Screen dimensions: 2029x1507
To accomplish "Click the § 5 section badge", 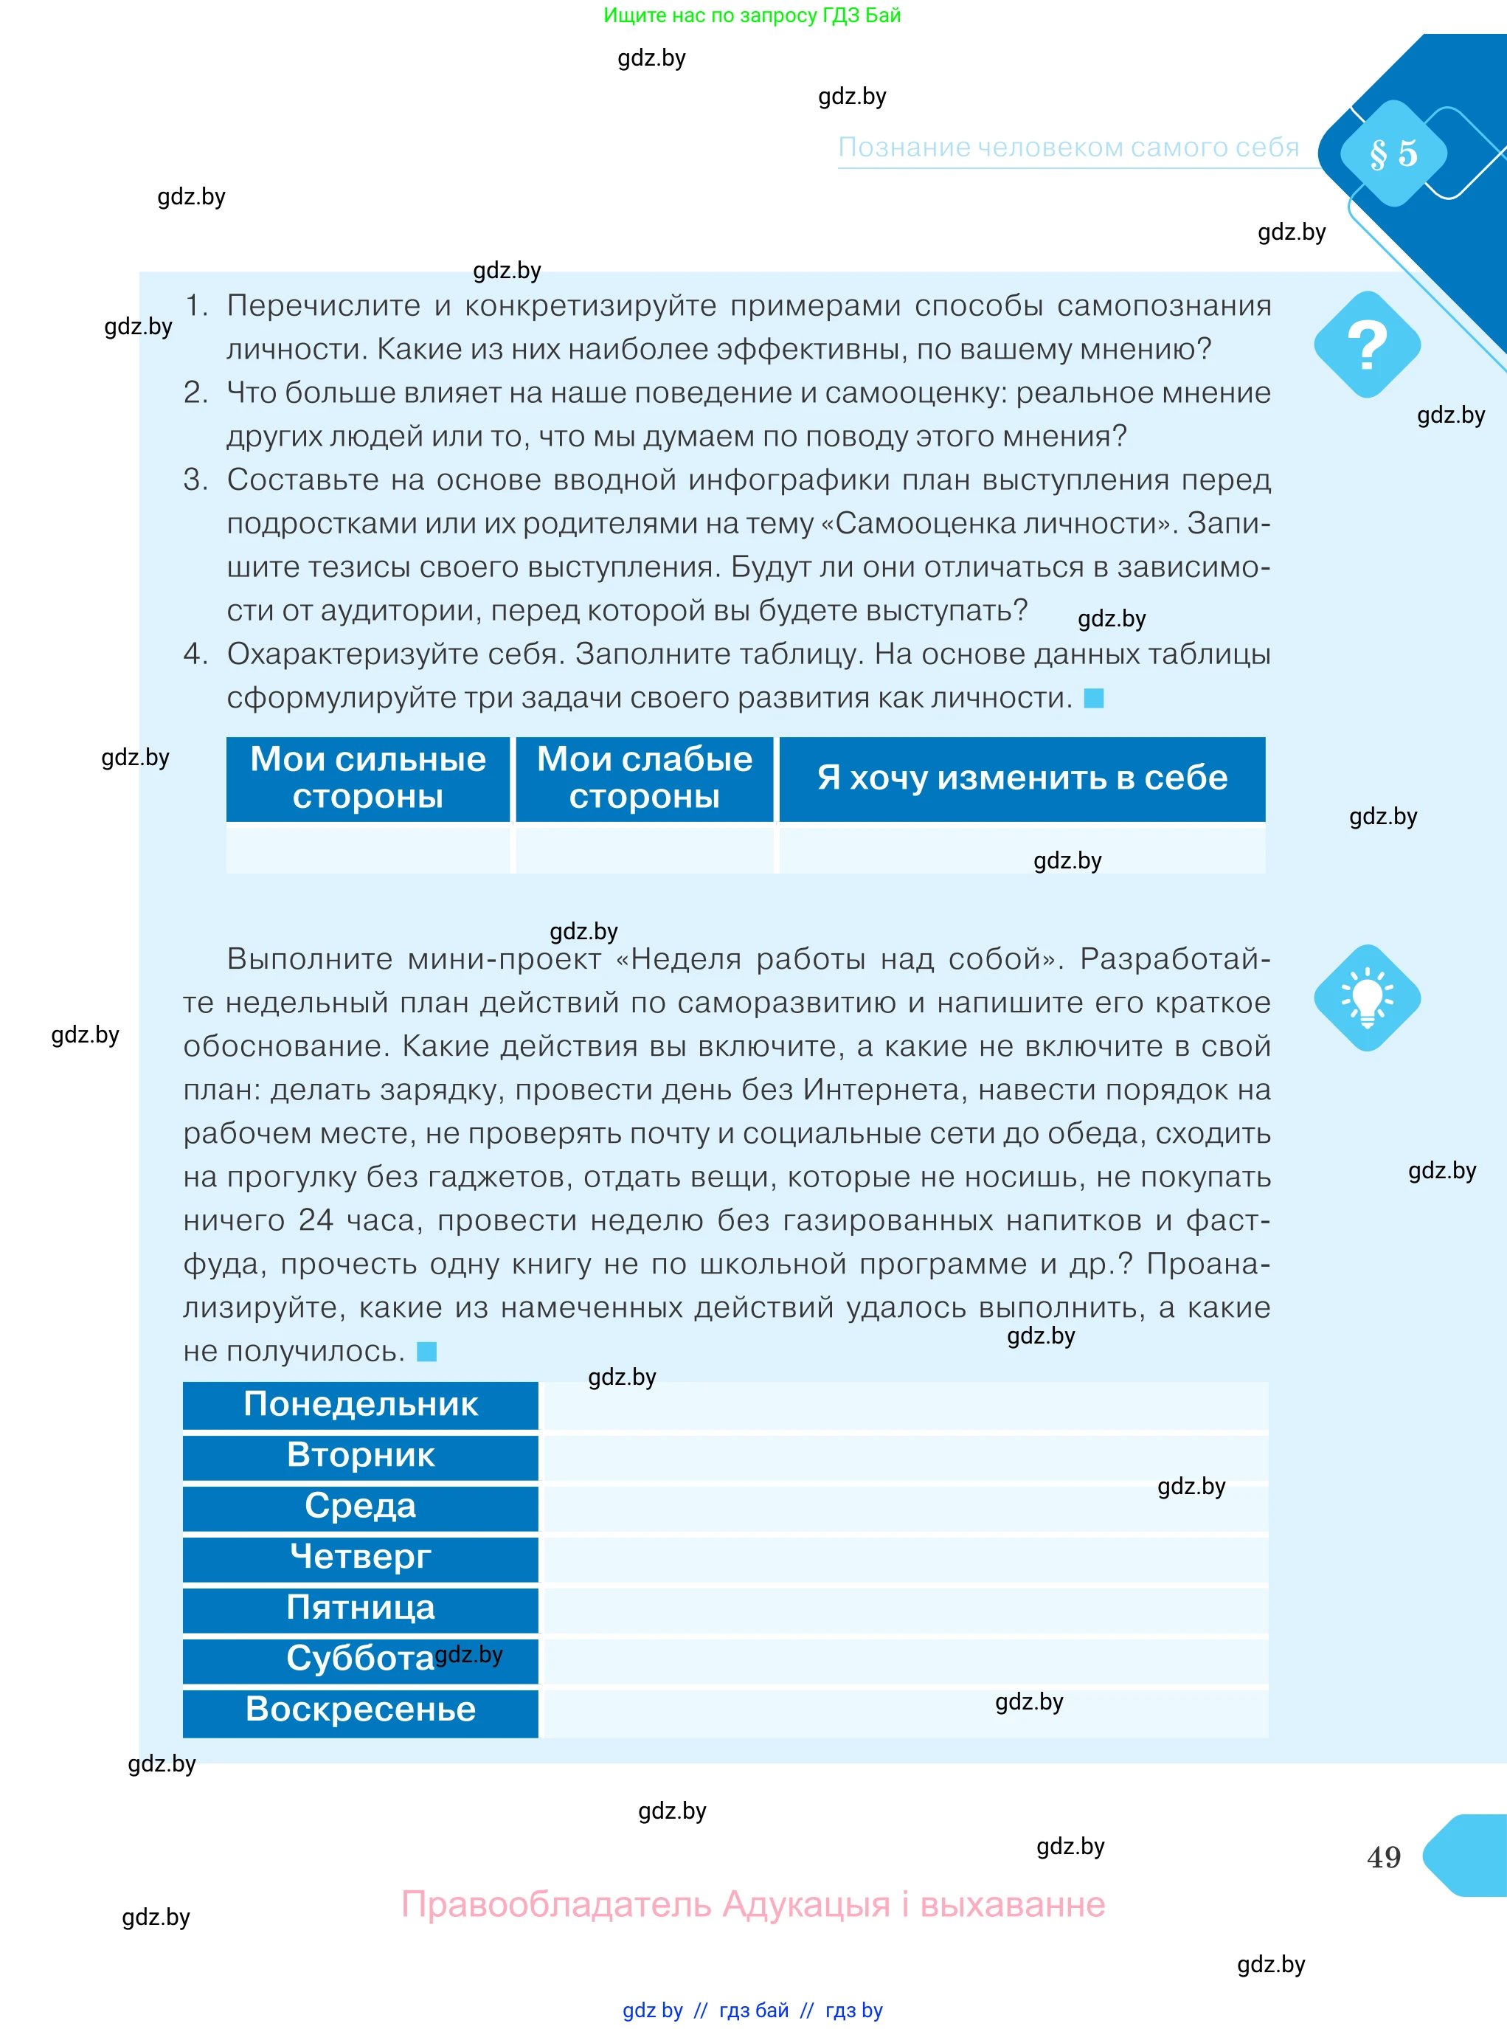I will [x=1393, y=153].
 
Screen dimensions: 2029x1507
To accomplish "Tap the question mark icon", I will [x=1367, y=345].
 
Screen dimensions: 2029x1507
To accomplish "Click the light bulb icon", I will [x=1367, y=998].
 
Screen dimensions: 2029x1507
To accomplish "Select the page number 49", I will [x=1384, y=1856].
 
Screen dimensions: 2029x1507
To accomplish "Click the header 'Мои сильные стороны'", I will [x=367, y=778].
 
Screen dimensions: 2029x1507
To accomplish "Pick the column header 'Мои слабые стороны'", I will [x=644, y=778].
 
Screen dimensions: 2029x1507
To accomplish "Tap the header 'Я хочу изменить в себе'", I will [x=1022, y=778].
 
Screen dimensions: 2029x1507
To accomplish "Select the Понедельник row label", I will [x=360, y=1404].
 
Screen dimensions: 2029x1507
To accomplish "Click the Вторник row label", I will [x=360, y=1455].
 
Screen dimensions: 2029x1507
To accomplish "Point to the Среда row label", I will [x=360, y=1506].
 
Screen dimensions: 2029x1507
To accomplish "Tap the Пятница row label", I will [x=360, y=1608].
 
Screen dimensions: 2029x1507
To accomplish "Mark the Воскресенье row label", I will [x=360, y=1710].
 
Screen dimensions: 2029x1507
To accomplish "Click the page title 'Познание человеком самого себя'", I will [x=1068, y=148].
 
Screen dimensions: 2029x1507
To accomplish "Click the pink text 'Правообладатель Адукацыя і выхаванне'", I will [x=752, y=1905].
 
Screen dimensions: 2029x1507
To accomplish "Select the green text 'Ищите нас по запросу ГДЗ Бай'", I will [x=752, y=15].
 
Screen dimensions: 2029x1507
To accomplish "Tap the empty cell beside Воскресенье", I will [x=903, y=1712].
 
